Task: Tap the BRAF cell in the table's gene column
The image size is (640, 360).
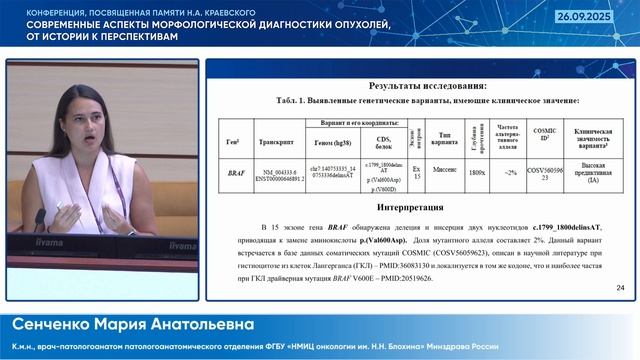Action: pos(236,173)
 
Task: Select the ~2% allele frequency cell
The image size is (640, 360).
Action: pos(511,173)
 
